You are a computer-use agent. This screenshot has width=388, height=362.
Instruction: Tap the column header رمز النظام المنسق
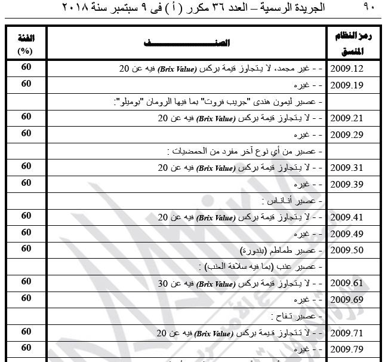[356, 44]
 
